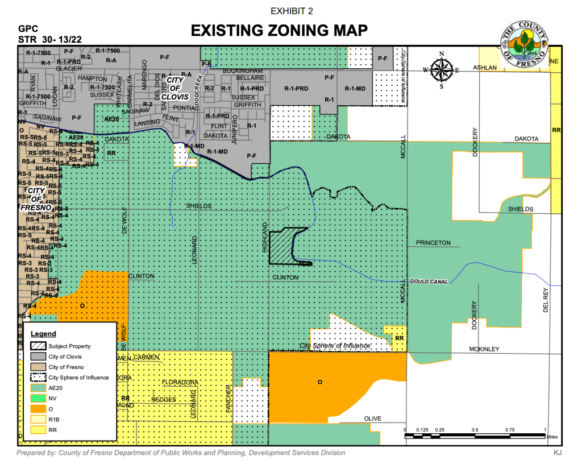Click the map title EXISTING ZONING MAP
click(x=279, y=30)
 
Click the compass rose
click(x=441, y=71)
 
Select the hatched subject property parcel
click(x=282, y=246)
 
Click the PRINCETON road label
click(x=433, y=243)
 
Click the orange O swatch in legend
click(x=35, y=408)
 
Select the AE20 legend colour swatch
click(x=35, y=388)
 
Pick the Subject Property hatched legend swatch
click(x=35, y=346)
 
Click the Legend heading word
click(x=43, y=334)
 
